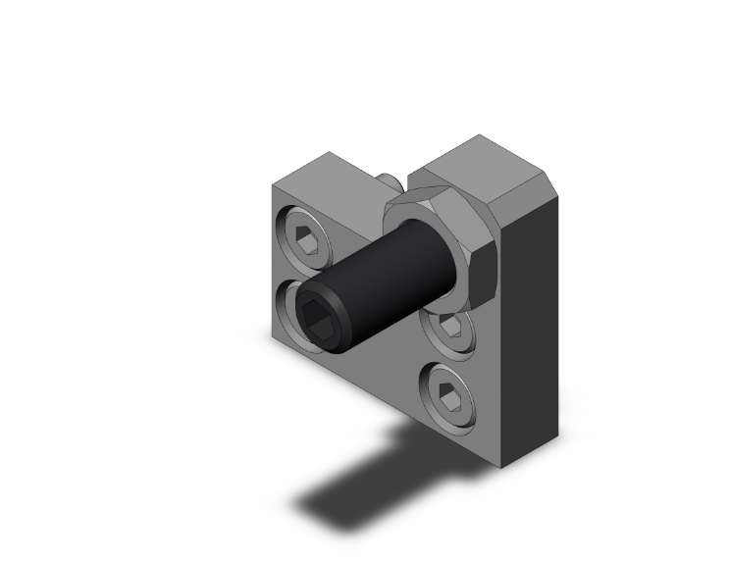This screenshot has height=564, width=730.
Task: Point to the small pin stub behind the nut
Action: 390,180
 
